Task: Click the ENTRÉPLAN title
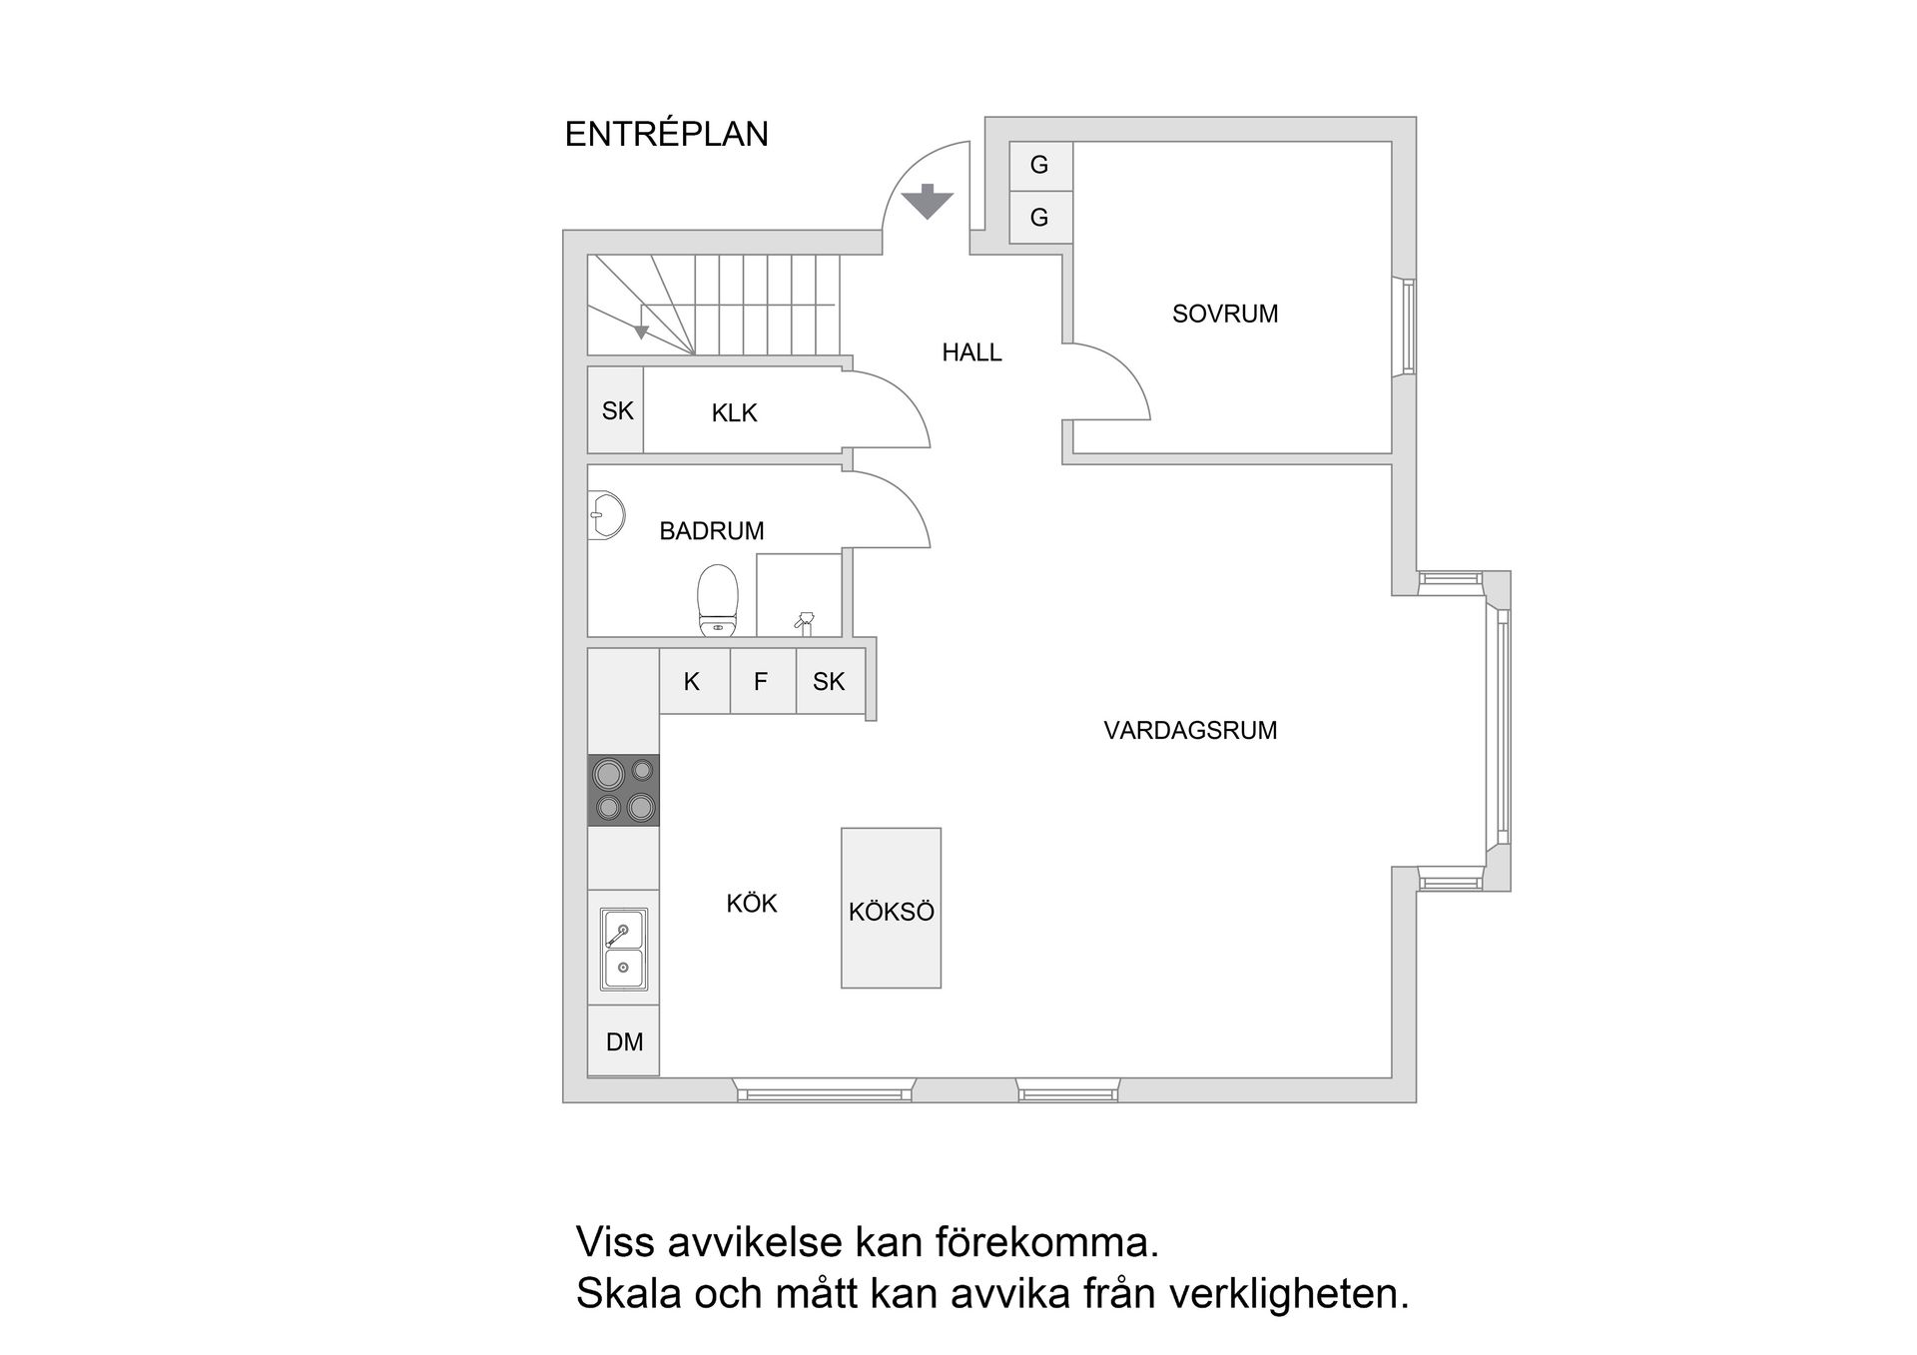[x=666, y=134]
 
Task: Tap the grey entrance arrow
[x=928, y=202]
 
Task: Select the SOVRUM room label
[x=1224, y=314]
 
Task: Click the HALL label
[x=971, y=352]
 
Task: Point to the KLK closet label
[x=734, y=413]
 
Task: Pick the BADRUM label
[x=711, y=531]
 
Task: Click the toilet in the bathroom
[x=718, y=599]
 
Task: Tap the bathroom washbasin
[x=605, y=515]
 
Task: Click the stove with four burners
[x=623, y=790]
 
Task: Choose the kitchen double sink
[x=623, y=949]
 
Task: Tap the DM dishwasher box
[x=624, y=1041]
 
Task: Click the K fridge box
[x=692, y=682]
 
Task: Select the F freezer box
[x=761, y=682]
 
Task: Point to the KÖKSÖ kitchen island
[x=891, y=909]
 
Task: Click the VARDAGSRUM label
[x=1190, y=731]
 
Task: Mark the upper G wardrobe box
[x=1039, y=166]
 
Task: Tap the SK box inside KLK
[x=616, y=410]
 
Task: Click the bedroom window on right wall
[x=1407, y=327]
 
